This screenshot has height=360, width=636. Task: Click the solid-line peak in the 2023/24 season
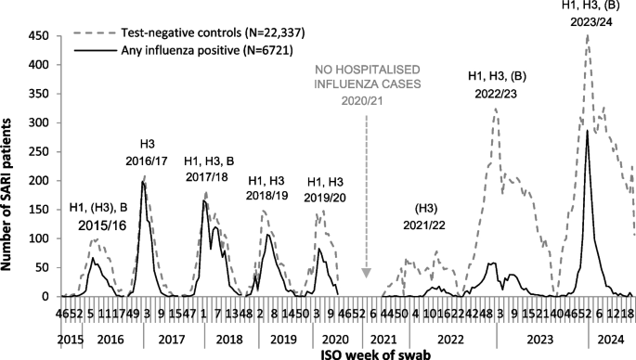coord(587,131)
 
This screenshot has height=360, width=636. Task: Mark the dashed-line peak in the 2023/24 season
coord(587,36)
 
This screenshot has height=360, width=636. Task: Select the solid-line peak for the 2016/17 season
coord(143,183)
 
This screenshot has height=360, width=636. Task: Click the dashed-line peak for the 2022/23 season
coord(496,109)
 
